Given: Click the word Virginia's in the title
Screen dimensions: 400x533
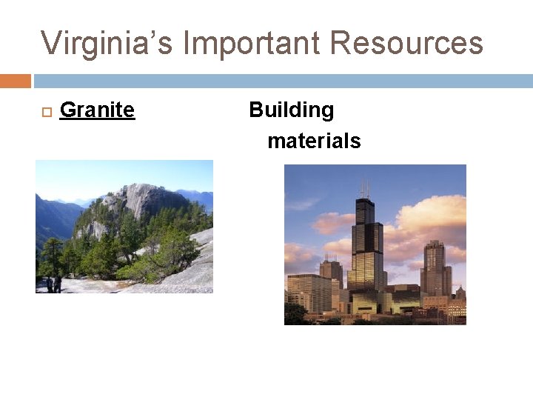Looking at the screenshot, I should coord(106,43).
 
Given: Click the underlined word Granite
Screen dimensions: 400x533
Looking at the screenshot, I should coord(97,110).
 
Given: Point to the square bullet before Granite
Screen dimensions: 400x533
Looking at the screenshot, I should coord(44,112).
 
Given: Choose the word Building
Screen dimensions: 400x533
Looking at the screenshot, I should coord(291,110).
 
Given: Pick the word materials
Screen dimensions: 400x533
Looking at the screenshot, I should coord(314,141).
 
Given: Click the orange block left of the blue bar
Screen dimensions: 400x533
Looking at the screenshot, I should coord(16,81).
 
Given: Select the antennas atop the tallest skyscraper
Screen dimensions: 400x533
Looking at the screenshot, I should coord(363,187).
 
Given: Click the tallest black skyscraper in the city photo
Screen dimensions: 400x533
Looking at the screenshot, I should coord(365,244).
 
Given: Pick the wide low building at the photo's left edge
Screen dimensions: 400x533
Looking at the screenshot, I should coord(307,293).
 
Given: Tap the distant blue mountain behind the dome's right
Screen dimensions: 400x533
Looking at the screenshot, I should coord(198,199).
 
